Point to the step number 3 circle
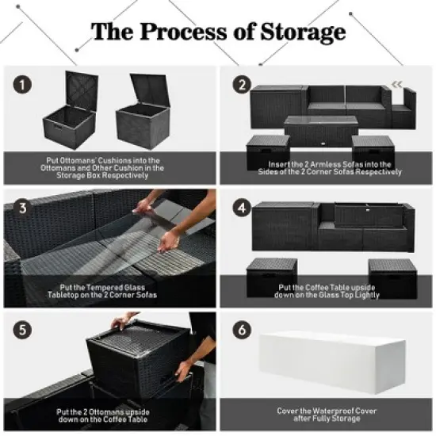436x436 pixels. (x=24, y=208)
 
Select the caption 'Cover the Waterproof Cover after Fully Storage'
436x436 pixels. (x=327, y=415)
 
